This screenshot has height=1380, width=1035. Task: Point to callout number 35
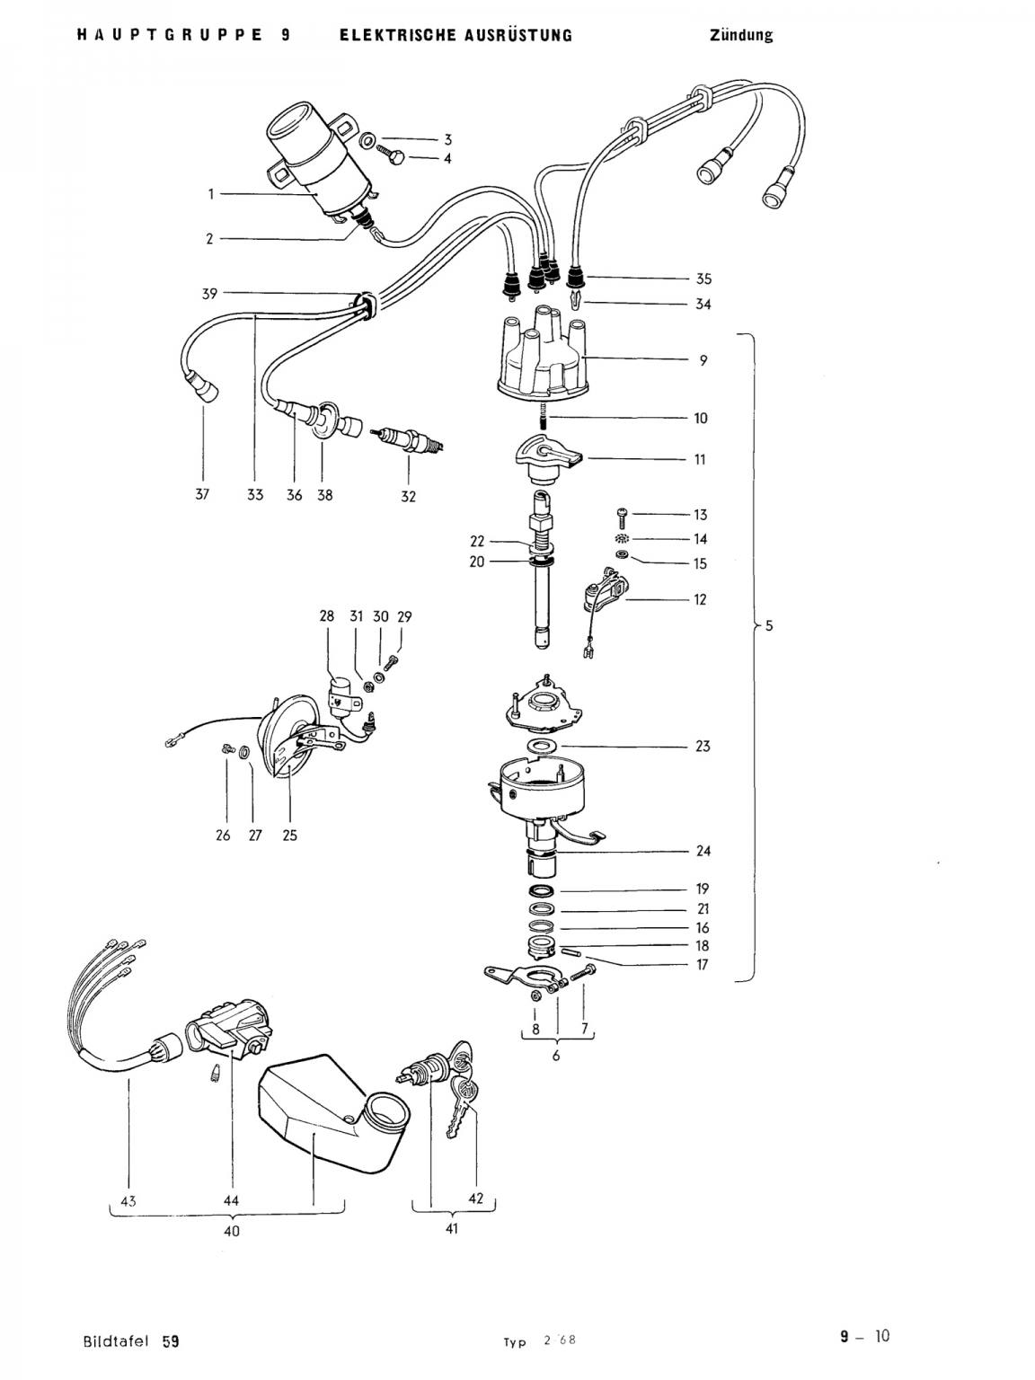[x=703, y=279]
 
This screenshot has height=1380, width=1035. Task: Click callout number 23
[x=703, y=747]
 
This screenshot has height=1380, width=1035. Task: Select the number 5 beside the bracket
[x=769, y=626]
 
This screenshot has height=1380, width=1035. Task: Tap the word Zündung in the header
[x=741, y=35]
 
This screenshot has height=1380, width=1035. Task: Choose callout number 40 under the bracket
[x=231, y=1231]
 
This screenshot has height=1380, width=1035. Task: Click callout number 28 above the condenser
[x=327, y=616]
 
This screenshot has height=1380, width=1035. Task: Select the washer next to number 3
[x=367, y=139]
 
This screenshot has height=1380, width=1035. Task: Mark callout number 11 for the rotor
[x=700, y=460]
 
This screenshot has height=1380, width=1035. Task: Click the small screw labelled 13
[x=620, y=516]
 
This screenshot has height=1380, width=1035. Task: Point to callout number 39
[x=209, y=294]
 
